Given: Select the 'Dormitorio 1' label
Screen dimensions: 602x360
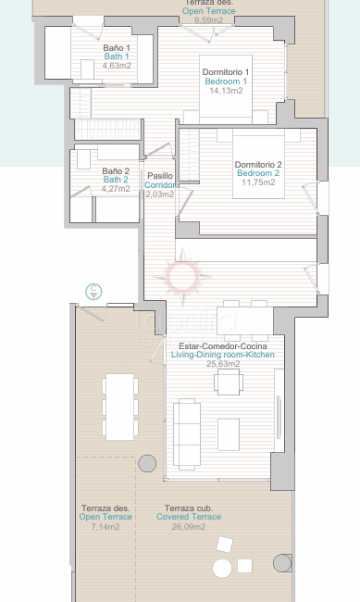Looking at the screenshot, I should [x=227, y=71].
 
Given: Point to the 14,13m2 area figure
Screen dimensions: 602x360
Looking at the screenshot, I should [x=227, y=91].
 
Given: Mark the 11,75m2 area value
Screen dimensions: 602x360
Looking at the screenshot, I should [x=259, y=182].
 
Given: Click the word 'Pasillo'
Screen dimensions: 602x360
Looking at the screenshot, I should [x=160, y=176].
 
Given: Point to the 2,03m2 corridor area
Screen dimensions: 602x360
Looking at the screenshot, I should [x=160, y=194].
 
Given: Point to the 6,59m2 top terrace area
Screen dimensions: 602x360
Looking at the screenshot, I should [x=208, y=19].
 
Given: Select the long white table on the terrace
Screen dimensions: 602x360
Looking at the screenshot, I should [x=119, y=406].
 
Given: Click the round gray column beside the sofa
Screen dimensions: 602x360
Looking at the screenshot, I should [x=146, y=463].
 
